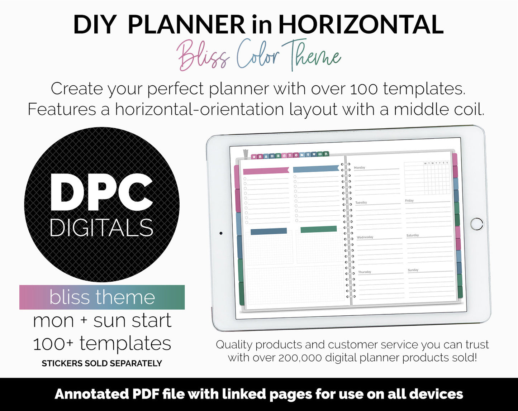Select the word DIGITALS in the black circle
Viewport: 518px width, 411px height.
pos(101,228)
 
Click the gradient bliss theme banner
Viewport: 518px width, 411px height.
pos(102,297)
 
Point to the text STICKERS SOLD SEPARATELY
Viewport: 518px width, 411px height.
pos(102,363)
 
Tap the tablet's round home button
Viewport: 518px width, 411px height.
pos(477,224)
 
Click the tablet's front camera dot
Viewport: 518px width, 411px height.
pos(221,233)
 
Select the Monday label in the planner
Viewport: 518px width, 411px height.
pos(359,167)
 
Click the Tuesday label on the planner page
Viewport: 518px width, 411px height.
pos(361,202)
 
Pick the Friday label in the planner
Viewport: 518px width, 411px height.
pos(409,201)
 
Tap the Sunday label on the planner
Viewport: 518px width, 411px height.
pos(413,270)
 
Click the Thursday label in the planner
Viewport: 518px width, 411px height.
pos(365,272)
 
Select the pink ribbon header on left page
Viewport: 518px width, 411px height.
pos(266,171)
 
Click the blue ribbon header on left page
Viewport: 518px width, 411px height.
pos(315,169)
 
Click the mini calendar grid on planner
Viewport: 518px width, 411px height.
pos(427,178)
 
